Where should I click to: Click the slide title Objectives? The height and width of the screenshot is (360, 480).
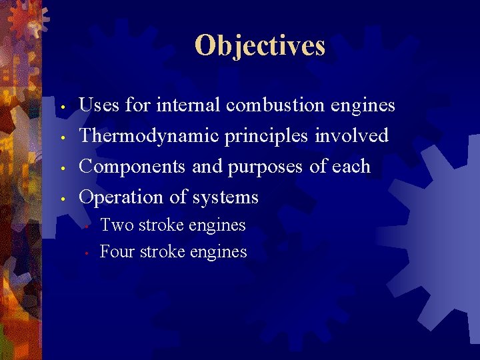(260, 45)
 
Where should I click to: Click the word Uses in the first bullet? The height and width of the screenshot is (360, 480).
(97, 105)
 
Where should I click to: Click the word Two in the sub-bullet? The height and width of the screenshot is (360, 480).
(117, 225)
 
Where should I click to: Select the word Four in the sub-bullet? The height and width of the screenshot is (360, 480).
(117, 252)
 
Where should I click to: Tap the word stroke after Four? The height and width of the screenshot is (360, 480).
(163, 252)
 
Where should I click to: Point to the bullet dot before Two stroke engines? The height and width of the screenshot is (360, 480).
(87, 227)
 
